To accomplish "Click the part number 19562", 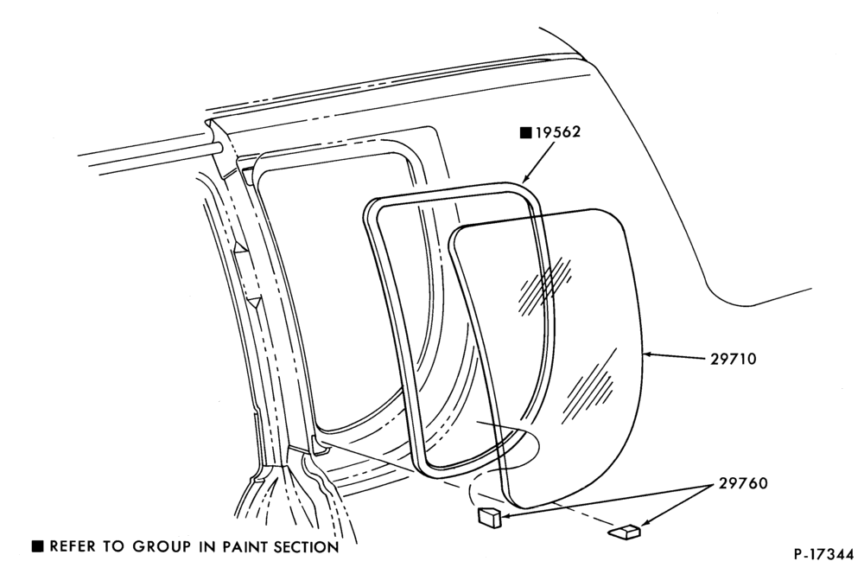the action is pyautogui.click(x=558, y=132).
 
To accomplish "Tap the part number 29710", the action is pyautogui.click(x=733, y=359).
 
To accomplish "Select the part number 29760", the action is pyautogui.click(x=743, y=483).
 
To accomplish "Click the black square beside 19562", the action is pyautogui.click(x=526, y=132).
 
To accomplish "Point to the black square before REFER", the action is pyautogui.click(x=37, y=546).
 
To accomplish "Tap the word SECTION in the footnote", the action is pyautogui.click(x=307, y=547).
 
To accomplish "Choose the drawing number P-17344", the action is pyautogui.click(x=823, y=554).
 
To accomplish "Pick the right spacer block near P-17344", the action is pyautogui.click(x=625, y=532).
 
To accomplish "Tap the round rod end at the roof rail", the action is pyautogui.click(x=219, y=147).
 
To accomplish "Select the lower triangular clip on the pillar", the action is pyautogui.click(x=253, y=302).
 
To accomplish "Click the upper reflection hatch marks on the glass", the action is pyautogui.click(x=544, y=283).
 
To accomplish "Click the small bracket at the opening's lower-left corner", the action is pyautogui.click(x=319, y=445).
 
